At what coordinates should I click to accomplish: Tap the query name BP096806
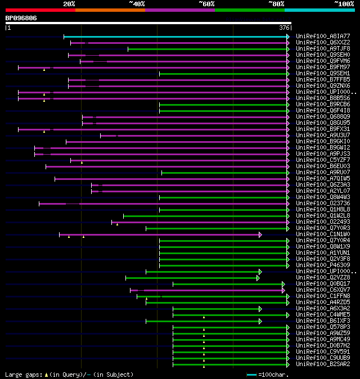tap(21, 18)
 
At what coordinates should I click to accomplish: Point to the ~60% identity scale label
tap(206, 4)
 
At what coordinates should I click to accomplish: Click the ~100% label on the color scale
tap(344, 4)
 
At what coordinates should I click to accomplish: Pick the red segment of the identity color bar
tap(40, 10)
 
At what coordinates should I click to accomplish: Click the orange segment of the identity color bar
tap(110, 10)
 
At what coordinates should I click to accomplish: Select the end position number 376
tap(284, 28)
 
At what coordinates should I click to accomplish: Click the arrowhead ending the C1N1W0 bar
tap(260, 234)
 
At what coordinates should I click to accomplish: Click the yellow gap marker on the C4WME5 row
tap(204, 317)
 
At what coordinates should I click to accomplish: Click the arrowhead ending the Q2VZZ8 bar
tap(258, 278)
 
